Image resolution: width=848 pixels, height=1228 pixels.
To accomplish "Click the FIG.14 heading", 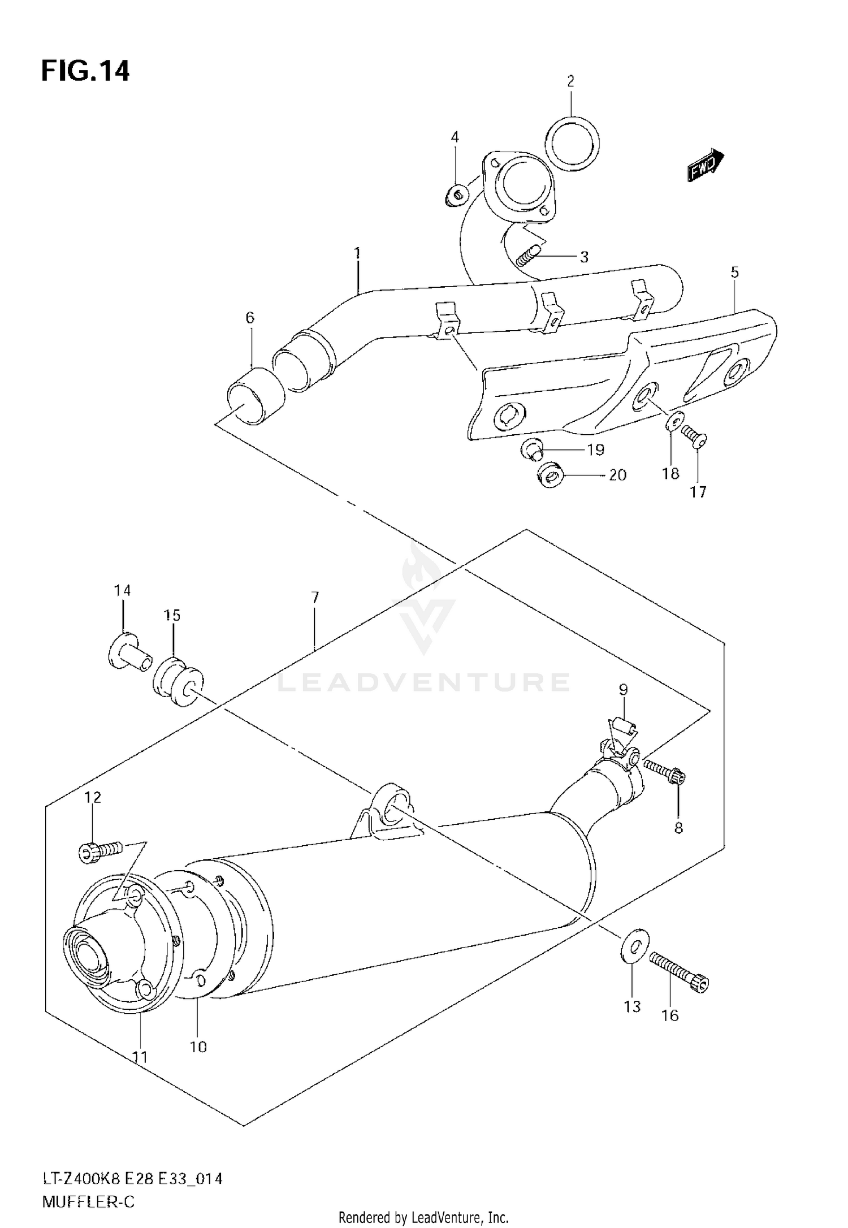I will pos(85,72).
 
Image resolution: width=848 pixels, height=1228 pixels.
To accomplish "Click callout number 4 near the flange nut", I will pos(455,137).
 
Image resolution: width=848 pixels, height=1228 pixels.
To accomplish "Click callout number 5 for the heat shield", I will pos(734,273).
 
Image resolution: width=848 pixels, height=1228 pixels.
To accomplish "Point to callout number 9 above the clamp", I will pos(623,689).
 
